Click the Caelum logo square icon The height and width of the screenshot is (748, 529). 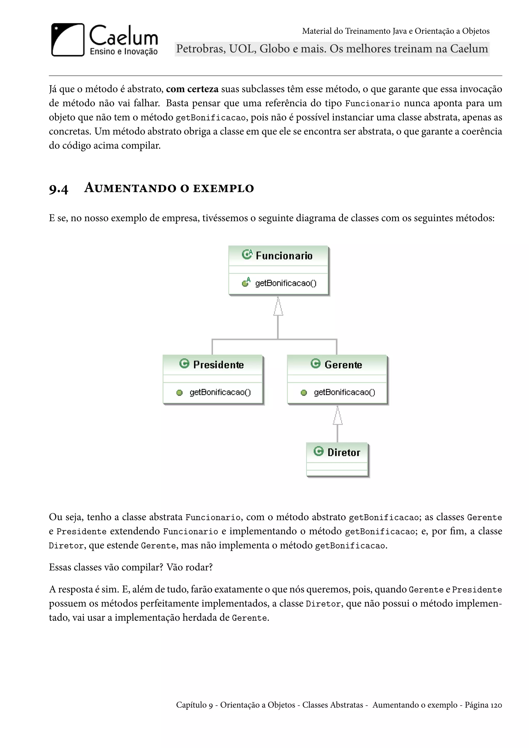[x=68, y=40]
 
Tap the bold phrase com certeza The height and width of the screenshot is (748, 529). [x=192, y=89]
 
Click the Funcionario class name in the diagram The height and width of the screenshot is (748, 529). [x=284, y=256]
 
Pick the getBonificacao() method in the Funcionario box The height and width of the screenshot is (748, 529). [x=286, y=283]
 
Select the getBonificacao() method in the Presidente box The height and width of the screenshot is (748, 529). [x=220, y=392]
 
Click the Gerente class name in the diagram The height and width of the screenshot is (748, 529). [x=343, y=364]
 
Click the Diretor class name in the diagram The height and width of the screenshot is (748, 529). [x=344, y=452]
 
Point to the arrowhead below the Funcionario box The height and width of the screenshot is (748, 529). [x=278, y=308]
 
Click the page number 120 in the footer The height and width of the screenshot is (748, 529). [x=496, y=705]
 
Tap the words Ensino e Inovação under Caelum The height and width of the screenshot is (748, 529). [x=123, y=51]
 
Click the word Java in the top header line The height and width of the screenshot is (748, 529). [x=399, y=31]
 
